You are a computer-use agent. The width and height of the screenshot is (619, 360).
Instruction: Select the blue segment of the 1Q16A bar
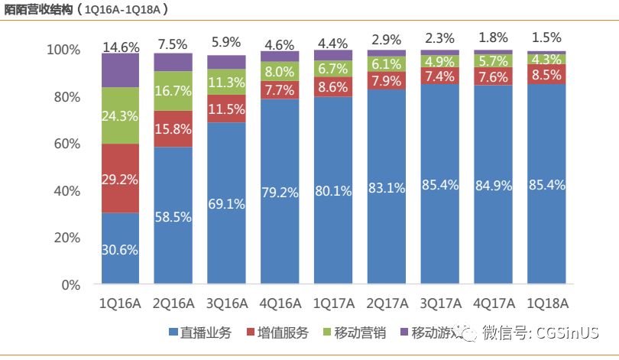(x=121, y=248)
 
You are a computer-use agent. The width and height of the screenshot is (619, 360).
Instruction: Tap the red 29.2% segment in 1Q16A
(x=121, y=178)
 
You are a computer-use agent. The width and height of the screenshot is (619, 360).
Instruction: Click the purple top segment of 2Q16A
(x=173, y=62)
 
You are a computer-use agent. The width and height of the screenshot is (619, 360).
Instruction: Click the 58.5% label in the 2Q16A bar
(x=173, y=217)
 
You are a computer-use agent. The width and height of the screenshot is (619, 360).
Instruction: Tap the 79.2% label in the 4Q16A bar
(x=280, y=192)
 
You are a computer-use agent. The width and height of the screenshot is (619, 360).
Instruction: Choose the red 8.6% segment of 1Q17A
(x=333, y=87)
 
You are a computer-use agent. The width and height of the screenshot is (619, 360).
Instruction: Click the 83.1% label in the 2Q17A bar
(x=387, y=187)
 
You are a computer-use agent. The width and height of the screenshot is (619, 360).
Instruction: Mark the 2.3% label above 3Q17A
(x=440, y=37)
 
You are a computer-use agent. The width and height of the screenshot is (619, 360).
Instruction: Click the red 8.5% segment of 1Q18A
(x=546, y=75)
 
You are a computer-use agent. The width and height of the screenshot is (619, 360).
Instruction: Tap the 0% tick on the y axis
(x=70, y=285)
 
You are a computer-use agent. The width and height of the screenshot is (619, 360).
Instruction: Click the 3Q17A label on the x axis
(x=440, y=303)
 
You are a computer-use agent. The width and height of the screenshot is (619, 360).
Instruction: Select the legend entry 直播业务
(x=200, y=333)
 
